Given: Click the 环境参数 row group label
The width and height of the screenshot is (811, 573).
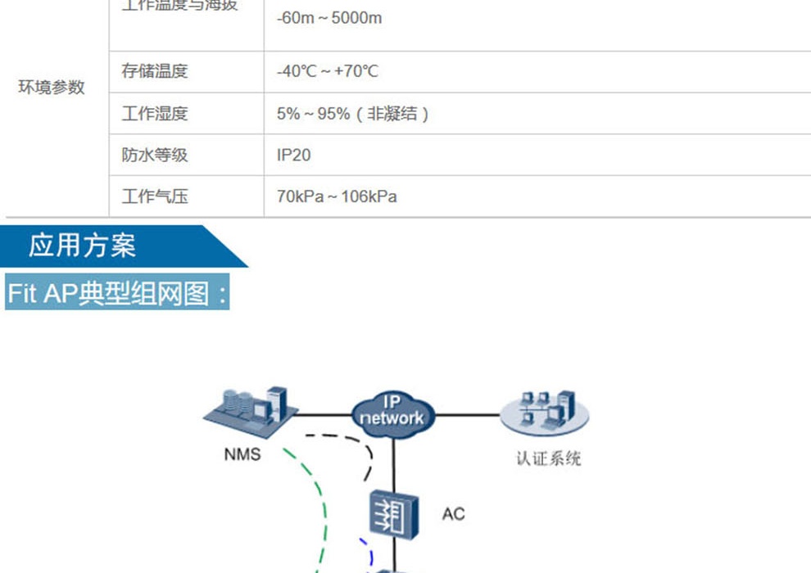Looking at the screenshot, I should click(x=52, y=88).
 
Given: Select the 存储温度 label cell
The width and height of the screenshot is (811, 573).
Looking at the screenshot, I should click(x=155, y=71).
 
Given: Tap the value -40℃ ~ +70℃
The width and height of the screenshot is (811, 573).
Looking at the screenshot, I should click(x=328, y=71).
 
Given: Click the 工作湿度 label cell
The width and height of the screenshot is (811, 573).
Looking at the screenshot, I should click(x=155, y=113).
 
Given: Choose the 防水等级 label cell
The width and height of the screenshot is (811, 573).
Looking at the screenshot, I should click(x=155, y=155).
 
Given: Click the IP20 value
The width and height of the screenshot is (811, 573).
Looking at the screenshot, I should click(x=294, y=155).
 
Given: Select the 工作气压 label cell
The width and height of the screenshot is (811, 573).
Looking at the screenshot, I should click(x=155, y=196).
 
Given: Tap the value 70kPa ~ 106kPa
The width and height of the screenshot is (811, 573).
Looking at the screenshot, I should click(x=337, y=196).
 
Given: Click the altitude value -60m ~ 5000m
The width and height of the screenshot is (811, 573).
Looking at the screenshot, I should click(x=329, y=17).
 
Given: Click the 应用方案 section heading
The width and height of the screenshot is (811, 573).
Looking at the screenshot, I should click(x=83, y=246).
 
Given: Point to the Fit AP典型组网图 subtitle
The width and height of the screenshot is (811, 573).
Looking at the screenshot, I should click(x=117, y=293).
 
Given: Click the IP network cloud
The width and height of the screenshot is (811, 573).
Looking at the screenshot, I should click(x=392, y=412).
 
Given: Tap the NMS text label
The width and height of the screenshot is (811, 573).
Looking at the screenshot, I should click(x=242, y=453).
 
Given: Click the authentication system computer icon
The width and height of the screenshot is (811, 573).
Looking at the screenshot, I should click(x=545, y=413).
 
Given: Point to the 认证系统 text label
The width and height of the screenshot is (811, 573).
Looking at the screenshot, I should click(x=548, y=458).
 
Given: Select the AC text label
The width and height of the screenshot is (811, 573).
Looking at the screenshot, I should click(x=453, y=513).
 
